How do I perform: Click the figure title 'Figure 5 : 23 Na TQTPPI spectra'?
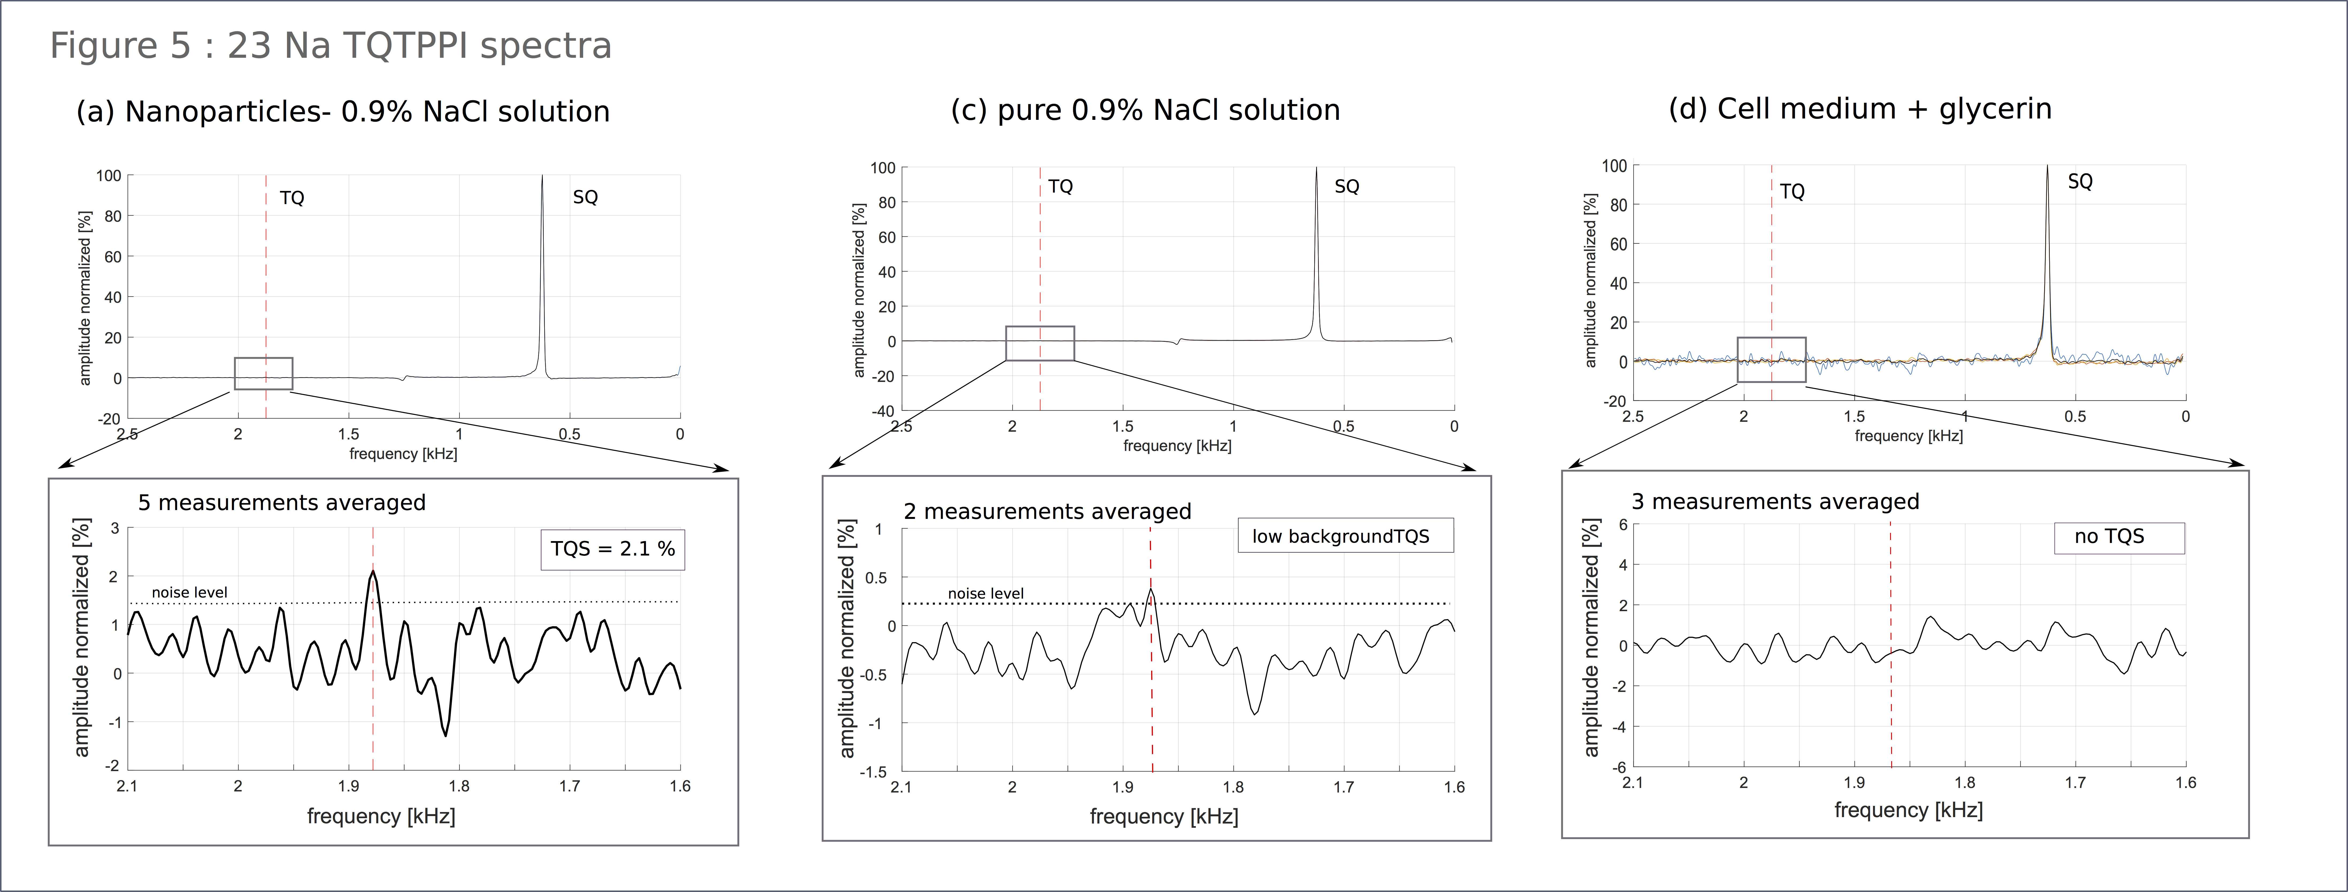[330, 45]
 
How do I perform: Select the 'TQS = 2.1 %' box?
[612, 549]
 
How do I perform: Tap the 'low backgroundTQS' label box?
[1345, 536]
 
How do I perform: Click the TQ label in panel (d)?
[1792, 191]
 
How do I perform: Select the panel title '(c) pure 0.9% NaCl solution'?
[1145, 110]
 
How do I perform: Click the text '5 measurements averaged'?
[282, 503]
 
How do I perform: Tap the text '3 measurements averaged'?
[1775, 502]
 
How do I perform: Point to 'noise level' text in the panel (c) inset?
[985, 593]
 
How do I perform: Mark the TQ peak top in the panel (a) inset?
[373, 572]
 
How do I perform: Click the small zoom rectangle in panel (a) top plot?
[263, 374]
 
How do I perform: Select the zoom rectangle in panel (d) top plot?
[1771, 360]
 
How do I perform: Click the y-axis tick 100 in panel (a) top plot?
[109, 176]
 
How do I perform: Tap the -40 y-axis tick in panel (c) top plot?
[882, 411]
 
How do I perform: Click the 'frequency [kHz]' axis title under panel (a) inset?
[381, 816]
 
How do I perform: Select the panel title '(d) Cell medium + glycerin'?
[1859, 109]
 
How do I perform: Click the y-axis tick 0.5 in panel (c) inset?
[875, 578]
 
